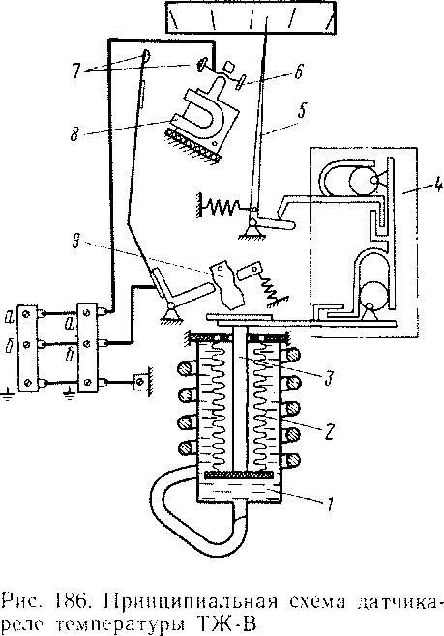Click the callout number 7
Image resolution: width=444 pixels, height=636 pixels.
pos(76,71)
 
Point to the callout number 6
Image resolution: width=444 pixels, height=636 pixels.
pos(299,72)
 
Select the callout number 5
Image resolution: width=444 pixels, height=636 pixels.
pos(302,110)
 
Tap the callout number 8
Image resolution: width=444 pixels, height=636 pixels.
pos(74,134)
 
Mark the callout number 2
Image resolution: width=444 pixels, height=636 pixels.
pos(329,432)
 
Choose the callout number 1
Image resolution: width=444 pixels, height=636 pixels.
pos(330,505)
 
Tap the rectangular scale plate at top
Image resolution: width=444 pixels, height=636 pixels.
pos(251,17)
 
